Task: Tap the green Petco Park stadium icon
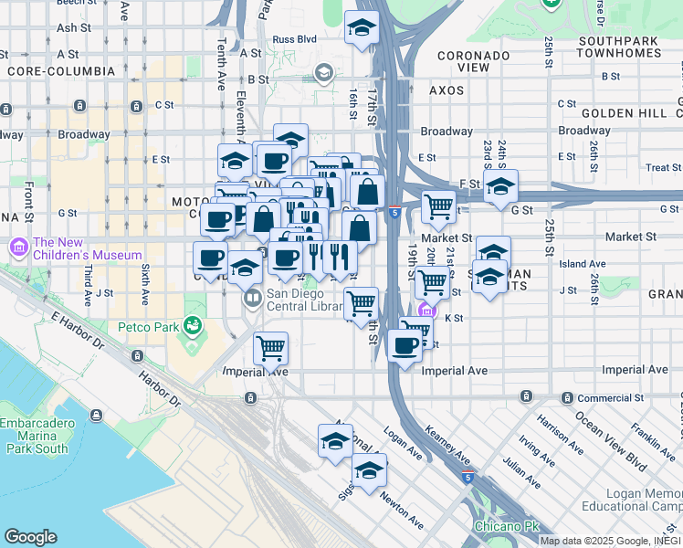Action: [191, 325]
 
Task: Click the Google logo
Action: [30, 537]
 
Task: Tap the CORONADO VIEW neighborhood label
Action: [473, 61]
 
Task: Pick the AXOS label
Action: [447, 91]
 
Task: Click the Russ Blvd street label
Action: [294, 39]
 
